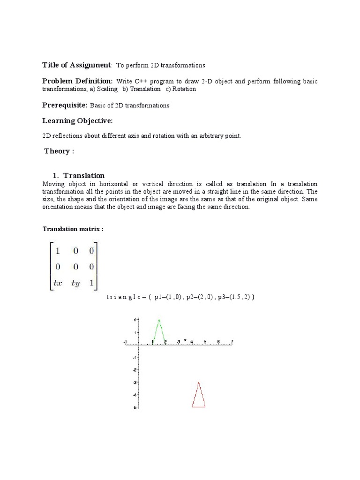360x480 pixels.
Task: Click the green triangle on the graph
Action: pos(159,332)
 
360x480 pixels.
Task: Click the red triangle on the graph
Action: pos(199,397)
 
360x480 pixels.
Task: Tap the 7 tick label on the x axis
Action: pos(232,342)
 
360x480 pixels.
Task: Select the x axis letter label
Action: pos(185,340)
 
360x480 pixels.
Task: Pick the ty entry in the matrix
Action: pos(75,283)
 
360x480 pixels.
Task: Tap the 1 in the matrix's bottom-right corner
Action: pos(91,282)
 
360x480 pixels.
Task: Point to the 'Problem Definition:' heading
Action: pos(77,81)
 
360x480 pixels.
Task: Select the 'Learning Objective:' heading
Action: pos(78,121)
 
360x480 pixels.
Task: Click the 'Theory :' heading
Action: pos(59,151)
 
